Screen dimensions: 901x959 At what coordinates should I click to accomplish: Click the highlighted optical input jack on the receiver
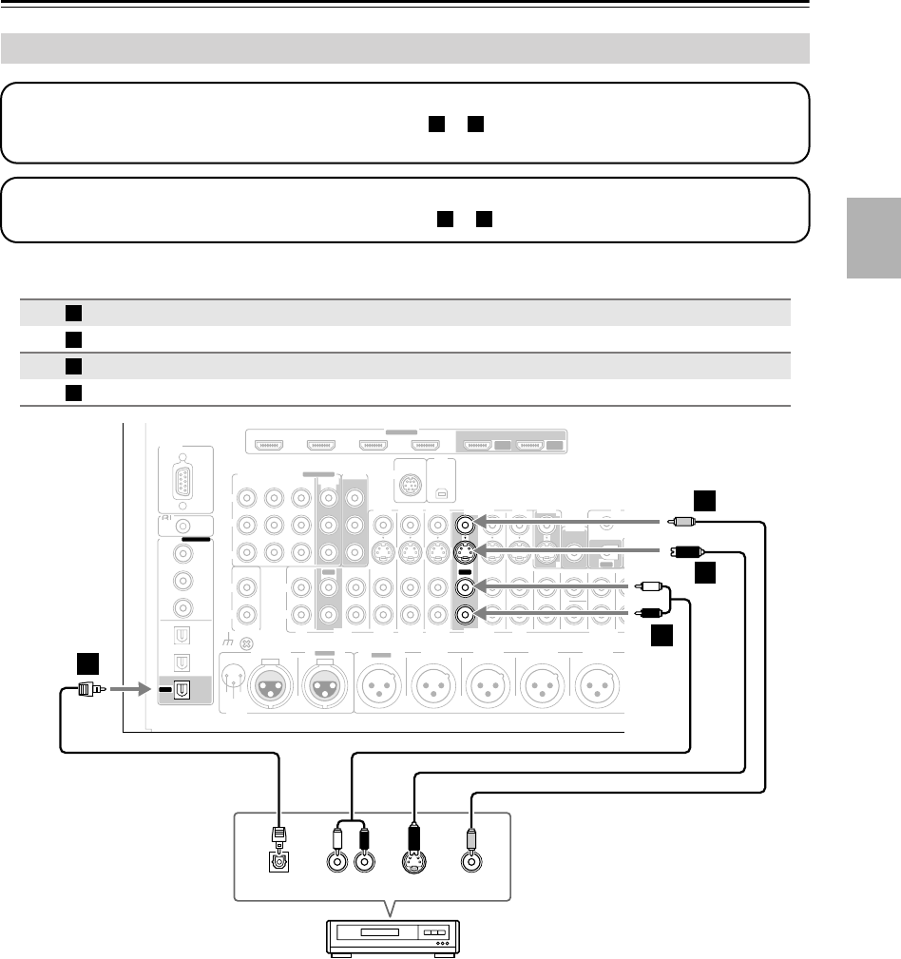click(178, 690)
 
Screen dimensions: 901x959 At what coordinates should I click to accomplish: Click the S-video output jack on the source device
click(414, 863)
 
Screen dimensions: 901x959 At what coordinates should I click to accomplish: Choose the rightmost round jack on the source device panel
click(470, 863)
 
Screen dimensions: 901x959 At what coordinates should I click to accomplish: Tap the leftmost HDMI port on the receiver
click(272, 443)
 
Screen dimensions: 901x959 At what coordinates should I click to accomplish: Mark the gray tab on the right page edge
click(872, 239)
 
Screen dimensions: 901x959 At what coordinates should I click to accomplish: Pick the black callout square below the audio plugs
click(662, 637)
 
